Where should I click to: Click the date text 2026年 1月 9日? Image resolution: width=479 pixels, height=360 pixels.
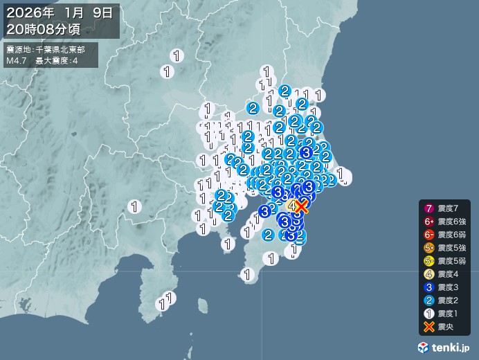pyautogui.click(x=61, y=13)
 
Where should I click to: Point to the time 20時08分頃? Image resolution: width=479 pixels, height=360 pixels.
pyautogui.click(x=46, y=29)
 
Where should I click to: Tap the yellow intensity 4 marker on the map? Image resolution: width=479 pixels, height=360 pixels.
pyautogui.click(x=292, y=206)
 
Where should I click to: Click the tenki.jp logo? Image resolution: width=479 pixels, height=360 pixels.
pyautogui.click(x=446, y=345)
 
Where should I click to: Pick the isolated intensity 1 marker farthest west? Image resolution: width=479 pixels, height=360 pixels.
pyautogui.click(x=135, y=206)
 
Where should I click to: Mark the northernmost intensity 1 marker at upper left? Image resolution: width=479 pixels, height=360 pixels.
pyautogui.click(x=178, y=56)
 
